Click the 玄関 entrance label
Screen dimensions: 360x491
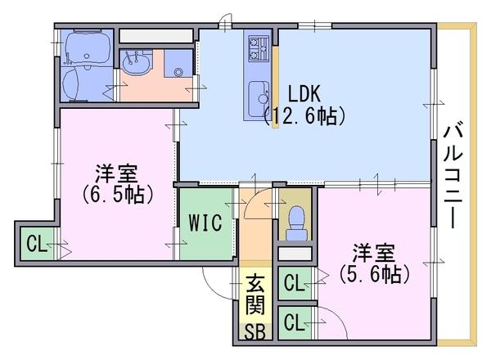tap(254, 299)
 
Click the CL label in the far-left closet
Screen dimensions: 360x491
tap(35, 243)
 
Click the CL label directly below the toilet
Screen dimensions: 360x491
tap(293, 283)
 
